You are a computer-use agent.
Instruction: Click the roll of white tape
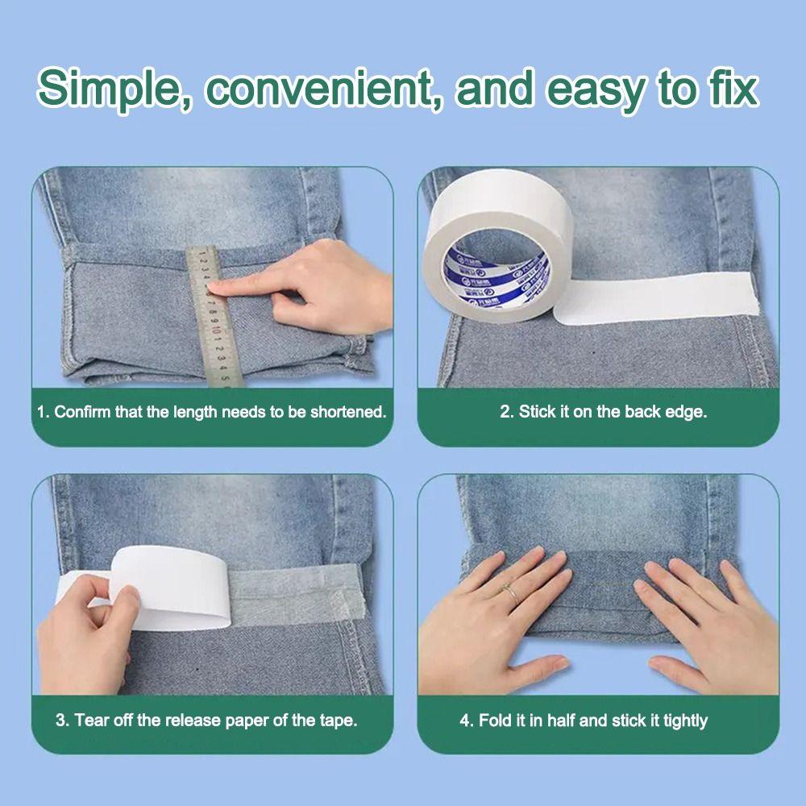[496, 242]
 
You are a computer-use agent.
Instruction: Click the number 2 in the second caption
[505, 412]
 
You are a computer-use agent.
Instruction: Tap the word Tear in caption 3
[92, 720]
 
